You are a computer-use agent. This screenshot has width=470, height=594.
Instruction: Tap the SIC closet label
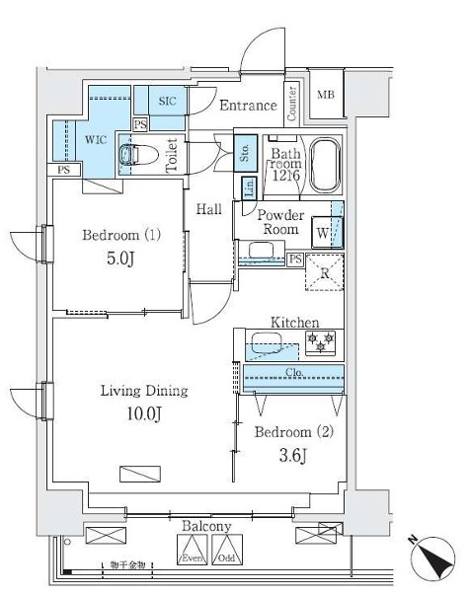coord(167,101)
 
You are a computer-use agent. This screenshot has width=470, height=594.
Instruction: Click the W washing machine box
coord(323,233)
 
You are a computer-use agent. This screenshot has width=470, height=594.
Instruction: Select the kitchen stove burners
coord(321,343)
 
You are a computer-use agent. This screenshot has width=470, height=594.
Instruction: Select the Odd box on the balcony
coord(227,547)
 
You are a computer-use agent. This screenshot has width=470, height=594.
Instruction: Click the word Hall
coord(207,209)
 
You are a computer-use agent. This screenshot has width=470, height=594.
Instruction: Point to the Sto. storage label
coord(244,153)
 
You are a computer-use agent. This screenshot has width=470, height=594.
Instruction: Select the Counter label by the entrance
coord(292,103)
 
